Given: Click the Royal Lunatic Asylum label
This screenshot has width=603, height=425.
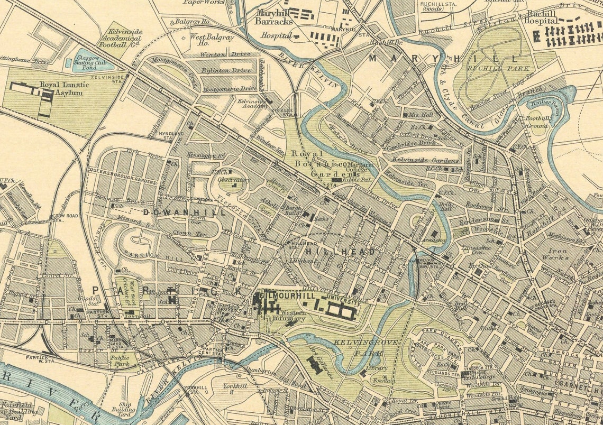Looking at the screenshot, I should (x=61, y=88).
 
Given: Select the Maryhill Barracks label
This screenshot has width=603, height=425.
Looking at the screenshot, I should (x=273, y=17).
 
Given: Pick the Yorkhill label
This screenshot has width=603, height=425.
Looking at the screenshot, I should (x=235, y=386).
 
